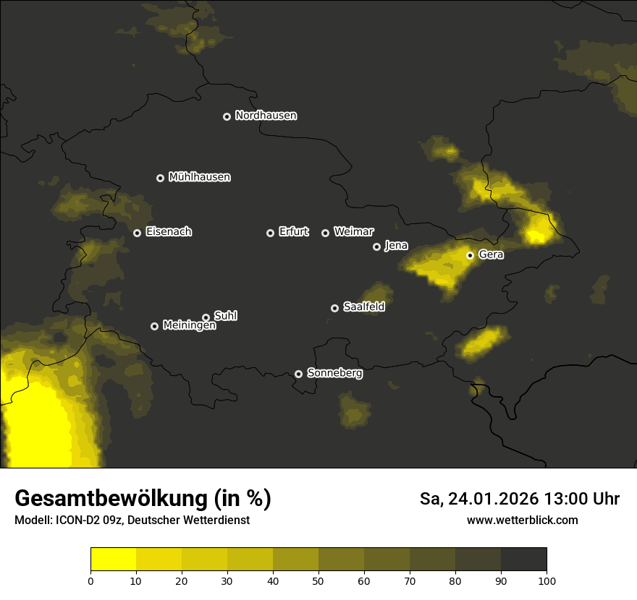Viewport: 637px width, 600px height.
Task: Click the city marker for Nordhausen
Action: [227, 116]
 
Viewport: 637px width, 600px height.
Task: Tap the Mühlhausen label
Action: [199, 177]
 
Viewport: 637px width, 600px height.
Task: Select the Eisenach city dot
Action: [137, 233]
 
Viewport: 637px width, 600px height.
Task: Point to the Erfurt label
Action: [293, 232]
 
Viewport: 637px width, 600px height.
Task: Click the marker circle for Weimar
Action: [325, 233]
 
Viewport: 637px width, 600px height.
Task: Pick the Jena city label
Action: [396, 246]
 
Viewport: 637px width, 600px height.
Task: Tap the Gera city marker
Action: [470, 255]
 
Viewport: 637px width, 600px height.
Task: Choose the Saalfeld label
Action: [363, 307]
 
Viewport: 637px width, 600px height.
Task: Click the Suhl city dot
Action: [206, 317]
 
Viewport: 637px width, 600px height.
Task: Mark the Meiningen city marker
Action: [154, 326]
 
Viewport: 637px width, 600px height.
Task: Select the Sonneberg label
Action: [334, 373]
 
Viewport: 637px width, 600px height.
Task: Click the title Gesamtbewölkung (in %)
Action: [143, 499]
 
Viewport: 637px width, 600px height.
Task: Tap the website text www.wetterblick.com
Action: [522, 520]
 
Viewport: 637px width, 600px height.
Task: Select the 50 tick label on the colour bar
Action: [318, 580]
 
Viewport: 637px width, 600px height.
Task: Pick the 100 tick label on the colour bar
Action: [546, 580]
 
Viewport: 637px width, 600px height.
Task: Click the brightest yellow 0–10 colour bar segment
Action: [114, 560]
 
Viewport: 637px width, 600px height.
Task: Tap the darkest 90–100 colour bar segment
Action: [523, 560]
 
